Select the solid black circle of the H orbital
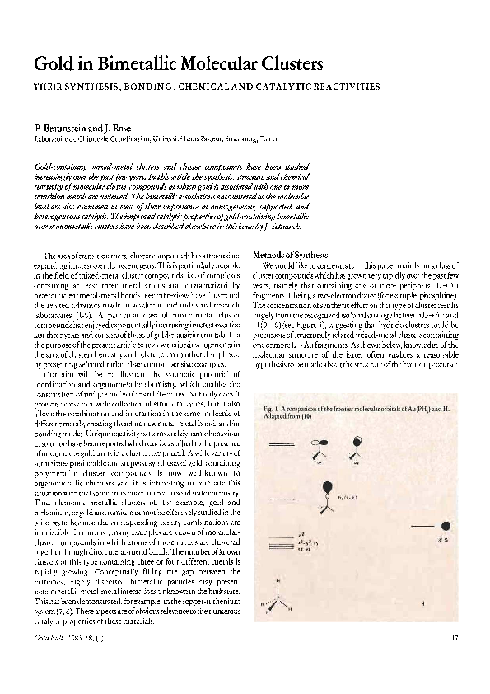pos(446,524)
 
